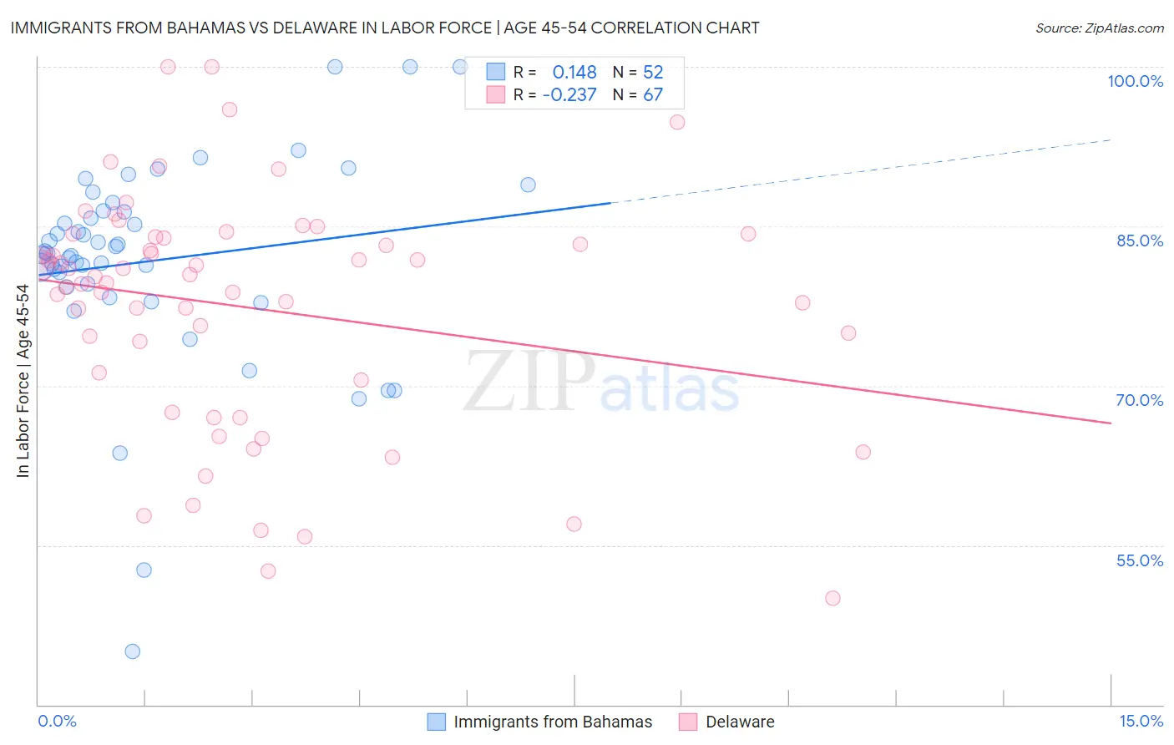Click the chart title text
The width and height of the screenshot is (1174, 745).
(385, 28)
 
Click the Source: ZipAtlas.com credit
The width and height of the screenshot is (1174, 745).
(1099, 28)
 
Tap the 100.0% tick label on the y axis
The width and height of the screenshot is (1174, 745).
(1135, 81)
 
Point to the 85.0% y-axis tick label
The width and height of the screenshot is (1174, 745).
(1140, 241)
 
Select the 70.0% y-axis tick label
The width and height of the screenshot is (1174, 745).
(1140, 400)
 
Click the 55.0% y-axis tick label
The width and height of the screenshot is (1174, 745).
(1140, 560)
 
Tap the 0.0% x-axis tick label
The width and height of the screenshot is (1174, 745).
(57, 721)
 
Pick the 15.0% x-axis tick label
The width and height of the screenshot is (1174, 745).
(1141, 721)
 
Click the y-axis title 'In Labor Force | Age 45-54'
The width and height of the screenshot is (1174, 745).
(23, 381)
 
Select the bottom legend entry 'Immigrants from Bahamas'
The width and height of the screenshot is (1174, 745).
(552, 722)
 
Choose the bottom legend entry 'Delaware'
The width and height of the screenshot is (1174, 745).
(740, 722)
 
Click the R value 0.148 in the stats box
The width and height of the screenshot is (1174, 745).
(574, 72)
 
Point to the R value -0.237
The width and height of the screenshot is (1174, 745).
(569, 94)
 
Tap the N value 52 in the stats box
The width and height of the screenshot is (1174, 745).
(653, 72)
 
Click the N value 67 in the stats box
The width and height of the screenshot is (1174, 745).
(653, 94)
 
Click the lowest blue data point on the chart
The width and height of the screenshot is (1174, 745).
(132, 651)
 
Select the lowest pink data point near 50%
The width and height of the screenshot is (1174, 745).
(832, 598)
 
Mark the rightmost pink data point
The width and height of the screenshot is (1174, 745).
(863, 452)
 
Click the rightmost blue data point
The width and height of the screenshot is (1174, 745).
(528, 185)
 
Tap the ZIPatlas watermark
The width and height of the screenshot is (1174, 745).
(601, 383)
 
